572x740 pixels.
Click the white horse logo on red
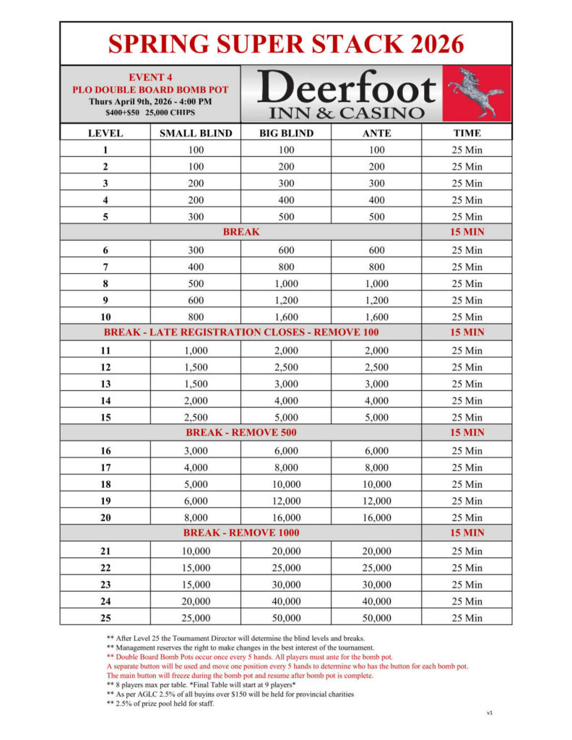tap(475, 92)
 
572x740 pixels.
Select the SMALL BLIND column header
tap(196, 133)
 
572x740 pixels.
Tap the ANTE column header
tap(376, 133)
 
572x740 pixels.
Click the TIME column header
tap(467, 133)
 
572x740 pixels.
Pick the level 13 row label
tap(105, 384)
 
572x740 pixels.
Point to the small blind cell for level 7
tap(196, 267)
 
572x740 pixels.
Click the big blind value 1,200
tap(286, 300)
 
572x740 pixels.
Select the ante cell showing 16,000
tap(376, 517)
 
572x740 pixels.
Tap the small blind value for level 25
tap(196, 618)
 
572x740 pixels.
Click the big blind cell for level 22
tap(286, 568)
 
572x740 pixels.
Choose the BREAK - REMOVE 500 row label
tap(241, 433)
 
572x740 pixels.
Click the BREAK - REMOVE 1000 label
tap(241, 533)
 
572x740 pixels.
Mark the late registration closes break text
tap(241, 332)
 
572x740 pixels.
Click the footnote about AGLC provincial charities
tap(230, 694)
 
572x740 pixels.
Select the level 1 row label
tap(105, 150)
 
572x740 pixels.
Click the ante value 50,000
tap(376, 618)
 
